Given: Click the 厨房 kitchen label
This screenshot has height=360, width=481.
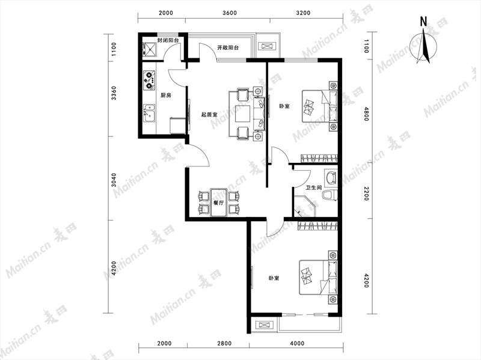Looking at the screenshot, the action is pos(166,96).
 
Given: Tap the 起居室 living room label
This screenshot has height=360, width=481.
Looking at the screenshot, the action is pos(209,115).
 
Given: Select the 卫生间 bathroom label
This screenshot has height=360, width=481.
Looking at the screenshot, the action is pos(313,188).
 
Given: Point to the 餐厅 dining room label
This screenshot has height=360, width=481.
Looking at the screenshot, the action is pos(218,203).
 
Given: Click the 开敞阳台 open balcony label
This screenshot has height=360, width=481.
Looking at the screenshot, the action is pos(228,48).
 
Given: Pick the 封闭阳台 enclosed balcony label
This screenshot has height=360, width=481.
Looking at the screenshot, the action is pos(168,40).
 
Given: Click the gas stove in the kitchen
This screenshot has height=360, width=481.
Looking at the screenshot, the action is pos(149,81).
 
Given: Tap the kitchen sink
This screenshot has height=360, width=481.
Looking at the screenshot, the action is pos(149,113).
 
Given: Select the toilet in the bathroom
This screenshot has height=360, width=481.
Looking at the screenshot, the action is pos(329,195).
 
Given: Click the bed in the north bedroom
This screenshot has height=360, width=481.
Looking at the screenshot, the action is pos(320,106).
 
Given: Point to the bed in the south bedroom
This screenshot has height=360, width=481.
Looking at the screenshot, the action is pos(318,277).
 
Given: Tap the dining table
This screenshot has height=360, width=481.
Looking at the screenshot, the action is pos(218,203).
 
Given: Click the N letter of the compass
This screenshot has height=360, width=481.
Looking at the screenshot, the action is pos(423,22).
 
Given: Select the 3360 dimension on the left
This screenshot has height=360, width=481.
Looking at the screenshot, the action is pos(114,93).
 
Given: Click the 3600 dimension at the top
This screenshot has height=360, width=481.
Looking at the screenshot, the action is pos(230,13).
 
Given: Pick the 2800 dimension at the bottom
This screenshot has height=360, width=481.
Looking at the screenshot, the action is pos(224,343).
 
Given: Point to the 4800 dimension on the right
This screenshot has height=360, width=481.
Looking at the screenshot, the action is pos(366,114).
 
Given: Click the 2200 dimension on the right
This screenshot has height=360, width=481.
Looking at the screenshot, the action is pos(366,193).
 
